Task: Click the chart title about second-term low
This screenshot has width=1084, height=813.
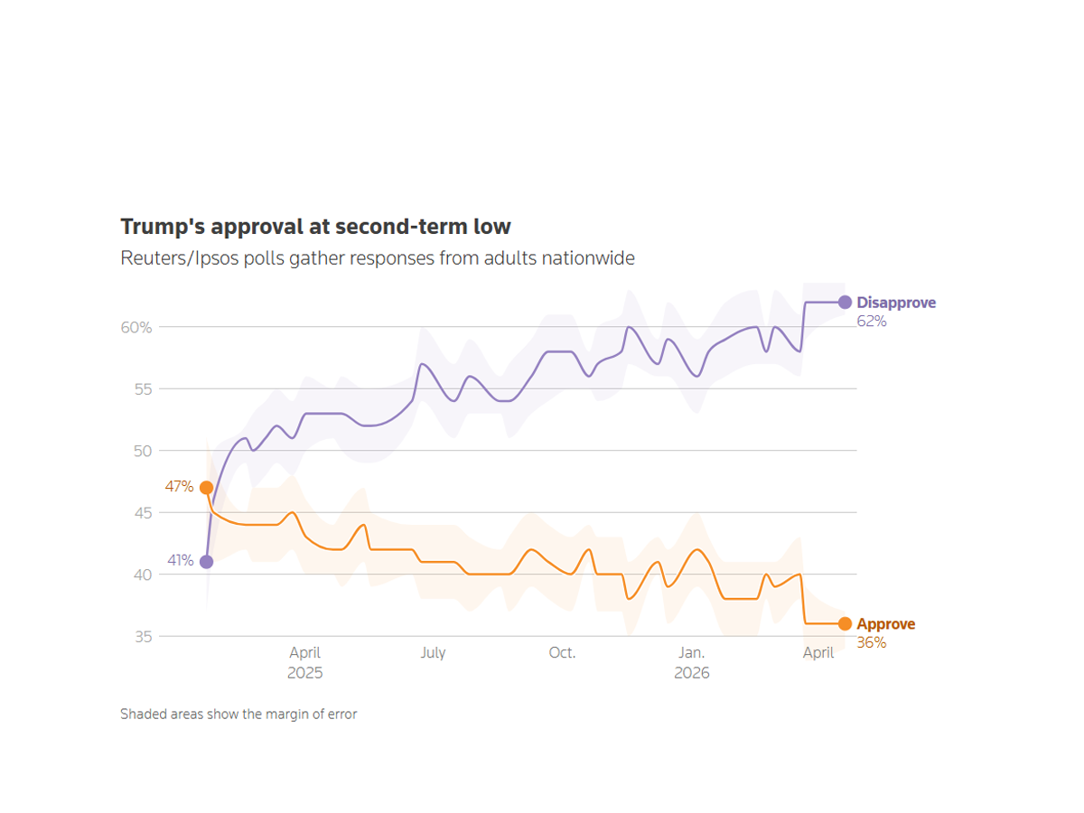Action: [x=315, y=226]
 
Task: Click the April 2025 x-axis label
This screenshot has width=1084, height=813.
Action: [x=305, y=662]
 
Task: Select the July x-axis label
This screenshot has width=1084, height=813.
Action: [x=433, y=652]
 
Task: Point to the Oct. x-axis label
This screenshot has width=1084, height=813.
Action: [x=562, y=652]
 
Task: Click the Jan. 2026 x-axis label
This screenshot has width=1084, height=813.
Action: [x=692, y=662]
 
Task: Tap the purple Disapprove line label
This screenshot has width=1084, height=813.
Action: [x=896, y=303]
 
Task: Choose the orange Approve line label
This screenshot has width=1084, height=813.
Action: [x=885, y=624]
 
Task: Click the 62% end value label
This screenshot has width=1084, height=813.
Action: [x=872, y=322]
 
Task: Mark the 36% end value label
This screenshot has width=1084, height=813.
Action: [x=872, y=643]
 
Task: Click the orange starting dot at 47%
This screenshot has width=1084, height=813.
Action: [x=206, y=488]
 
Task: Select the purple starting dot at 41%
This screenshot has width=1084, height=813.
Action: [x=206, y=562]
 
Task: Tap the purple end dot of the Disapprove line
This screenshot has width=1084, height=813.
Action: [x=845, y=303]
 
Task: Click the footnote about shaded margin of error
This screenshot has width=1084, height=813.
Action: [x=238, y=715]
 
